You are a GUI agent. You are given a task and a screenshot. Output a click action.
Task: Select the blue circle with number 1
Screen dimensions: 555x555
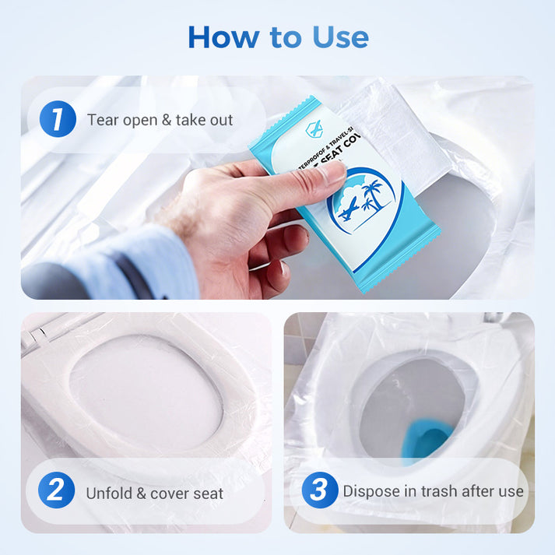tap(58, 120)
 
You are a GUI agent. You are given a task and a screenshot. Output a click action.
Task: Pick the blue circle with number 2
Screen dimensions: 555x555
tap(56, 492)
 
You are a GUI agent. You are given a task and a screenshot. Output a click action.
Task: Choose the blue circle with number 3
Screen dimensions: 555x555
tap(319, 491)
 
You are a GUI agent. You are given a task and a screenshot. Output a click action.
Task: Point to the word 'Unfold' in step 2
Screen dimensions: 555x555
tap(110, 493)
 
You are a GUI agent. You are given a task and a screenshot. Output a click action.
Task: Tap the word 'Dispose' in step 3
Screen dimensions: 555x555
tap(371, 491)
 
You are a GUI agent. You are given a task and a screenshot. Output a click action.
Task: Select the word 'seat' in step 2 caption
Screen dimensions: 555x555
tap(207, 493)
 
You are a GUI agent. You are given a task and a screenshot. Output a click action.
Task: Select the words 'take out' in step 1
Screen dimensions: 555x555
tap(205, 120)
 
